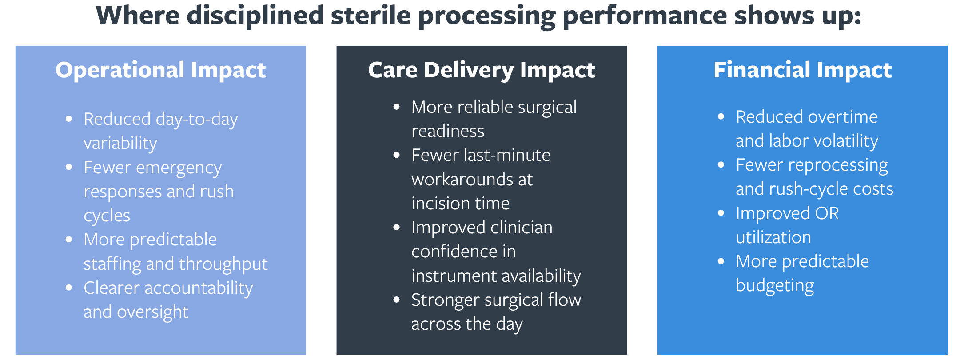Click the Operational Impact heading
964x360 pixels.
pos(160,70)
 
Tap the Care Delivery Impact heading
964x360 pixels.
pos(482,70)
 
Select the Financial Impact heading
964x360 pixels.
pos(803,70)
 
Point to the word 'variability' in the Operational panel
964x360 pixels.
pos(120,143)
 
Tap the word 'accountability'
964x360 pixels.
pos(199,288)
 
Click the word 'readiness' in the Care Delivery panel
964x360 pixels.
pos(448,131)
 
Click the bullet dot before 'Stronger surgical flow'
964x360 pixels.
pos(397,300)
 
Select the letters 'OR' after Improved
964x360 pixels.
pos(827,214)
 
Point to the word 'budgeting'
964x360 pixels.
pos(775,286)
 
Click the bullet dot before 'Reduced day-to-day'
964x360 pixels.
pos(69,119)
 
